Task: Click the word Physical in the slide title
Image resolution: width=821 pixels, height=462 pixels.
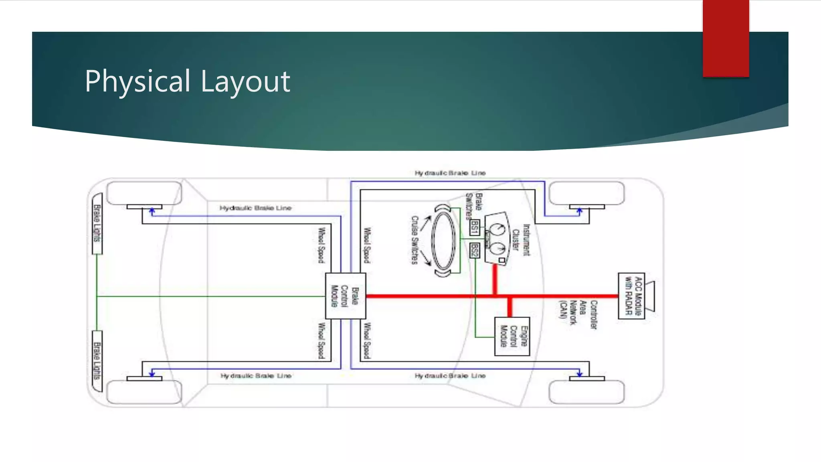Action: (x=137, y=81)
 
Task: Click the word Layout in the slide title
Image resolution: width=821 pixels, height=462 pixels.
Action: (x=245, y=81)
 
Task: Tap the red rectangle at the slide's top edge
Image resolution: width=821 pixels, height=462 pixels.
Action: (x=726, y=38)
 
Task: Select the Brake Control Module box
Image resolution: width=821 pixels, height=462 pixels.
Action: (x=345, y=296)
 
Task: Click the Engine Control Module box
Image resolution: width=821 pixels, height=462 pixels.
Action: (x=512, y=336)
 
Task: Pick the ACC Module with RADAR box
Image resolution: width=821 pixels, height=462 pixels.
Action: (x=631, y=296)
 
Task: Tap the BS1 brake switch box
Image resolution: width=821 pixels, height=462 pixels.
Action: (x=474, y=227)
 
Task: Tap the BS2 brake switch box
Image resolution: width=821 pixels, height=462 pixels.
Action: (x=474, y=251)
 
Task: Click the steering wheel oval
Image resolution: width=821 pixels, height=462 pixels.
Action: (x=443, y=241)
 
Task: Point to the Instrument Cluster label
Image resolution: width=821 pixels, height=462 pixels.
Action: (x=521, y=240)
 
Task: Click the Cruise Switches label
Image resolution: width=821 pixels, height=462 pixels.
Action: (x=415, y=240)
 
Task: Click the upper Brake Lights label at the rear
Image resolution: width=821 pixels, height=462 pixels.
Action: (x=97, y=223)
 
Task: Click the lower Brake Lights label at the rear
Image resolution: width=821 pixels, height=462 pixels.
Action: (x=97, y=361)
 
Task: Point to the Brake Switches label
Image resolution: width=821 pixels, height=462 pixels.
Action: (x=473, y=205)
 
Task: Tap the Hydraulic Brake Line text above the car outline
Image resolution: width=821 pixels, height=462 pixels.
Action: (x=450, y=173)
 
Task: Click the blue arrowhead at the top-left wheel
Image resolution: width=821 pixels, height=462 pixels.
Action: (x=152, y=211)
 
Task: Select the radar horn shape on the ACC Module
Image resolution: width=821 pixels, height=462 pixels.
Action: (x=650, y=296)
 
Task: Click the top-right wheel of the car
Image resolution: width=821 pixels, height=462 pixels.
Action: (x=586, y=193)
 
